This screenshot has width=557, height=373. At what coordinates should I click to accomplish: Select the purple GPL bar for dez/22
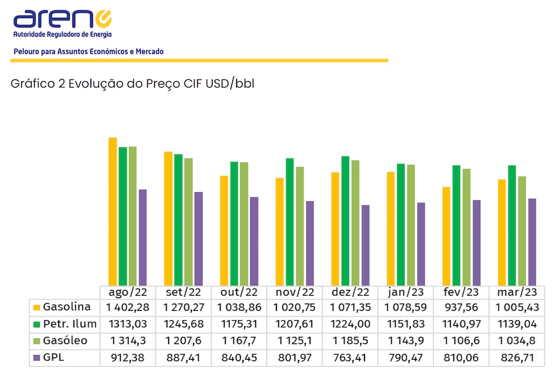pyautogui.click(x=366, y=245)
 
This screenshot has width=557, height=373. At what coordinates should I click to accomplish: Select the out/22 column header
pyautogui.click(x=239, y=292)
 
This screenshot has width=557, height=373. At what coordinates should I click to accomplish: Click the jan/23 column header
pyautogui.click(x=406, y=292)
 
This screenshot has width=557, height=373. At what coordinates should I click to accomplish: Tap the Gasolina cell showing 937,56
pyautogui.click(x=461, y=307)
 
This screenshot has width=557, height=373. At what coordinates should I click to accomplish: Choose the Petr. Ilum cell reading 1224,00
pyautogui.click(x=350, y=324)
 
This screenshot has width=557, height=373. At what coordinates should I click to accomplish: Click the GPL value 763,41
pyautogui.click(x=350, y=358)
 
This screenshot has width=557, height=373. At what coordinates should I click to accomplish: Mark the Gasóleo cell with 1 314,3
pyautogui.click(x=128, y=341)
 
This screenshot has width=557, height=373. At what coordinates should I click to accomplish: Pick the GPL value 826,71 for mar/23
pyautogui.click(x=517, y=358)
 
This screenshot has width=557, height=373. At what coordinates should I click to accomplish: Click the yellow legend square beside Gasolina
pyautogui.click(x=37, y=308)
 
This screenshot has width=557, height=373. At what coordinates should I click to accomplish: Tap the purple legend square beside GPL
pyautogui.click(x=37, y=358)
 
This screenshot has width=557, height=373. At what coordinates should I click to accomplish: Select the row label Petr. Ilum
pyautogui.click(x=70, y=324)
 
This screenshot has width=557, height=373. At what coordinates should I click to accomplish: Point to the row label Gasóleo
pyautogui.click(x=65, y=341)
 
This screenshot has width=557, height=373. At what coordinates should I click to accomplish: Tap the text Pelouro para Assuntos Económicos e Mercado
pyautogui.click(x=88, y=52)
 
